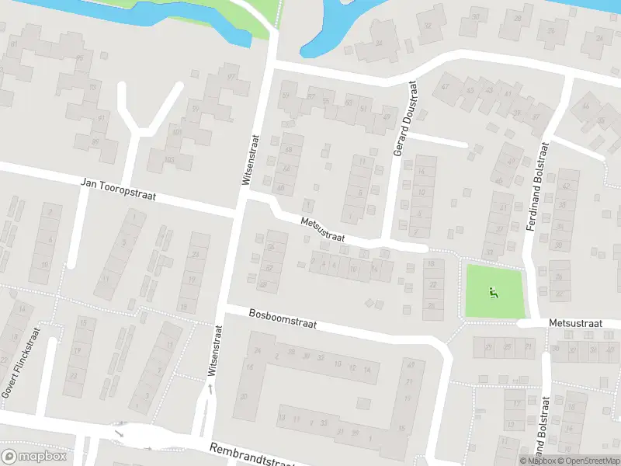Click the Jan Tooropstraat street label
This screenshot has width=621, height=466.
119,190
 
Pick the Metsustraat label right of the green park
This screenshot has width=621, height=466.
575,322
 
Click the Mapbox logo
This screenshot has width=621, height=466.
34,456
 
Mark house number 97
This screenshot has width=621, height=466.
231,77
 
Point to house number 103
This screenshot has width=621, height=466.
170,159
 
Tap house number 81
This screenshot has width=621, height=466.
13,43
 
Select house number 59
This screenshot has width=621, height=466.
286,96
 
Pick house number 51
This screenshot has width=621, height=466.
364,109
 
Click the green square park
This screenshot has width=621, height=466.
494,291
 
